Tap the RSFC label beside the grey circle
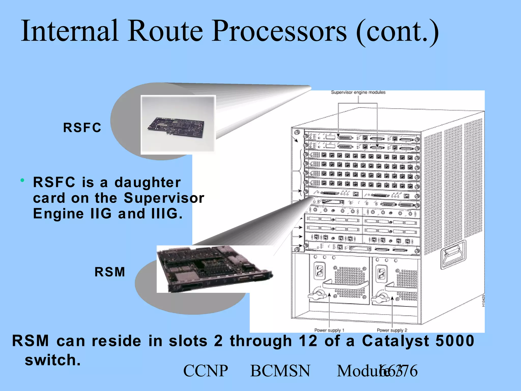coord(82,128)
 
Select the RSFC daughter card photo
coord(178,125)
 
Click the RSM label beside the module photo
coord(110,272)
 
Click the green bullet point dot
coord(23,180)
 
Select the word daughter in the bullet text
coord(148,182)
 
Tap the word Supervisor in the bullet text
coord(164,198)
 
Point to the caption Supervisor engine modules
coord(358,92)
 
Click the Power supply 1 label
coord(329,330)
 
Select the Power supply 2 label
coord(392,330)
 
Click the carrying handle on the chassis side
coord(454,255)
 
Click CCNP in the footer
coord(206,371)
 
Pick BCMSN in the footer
coord(280,371)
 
